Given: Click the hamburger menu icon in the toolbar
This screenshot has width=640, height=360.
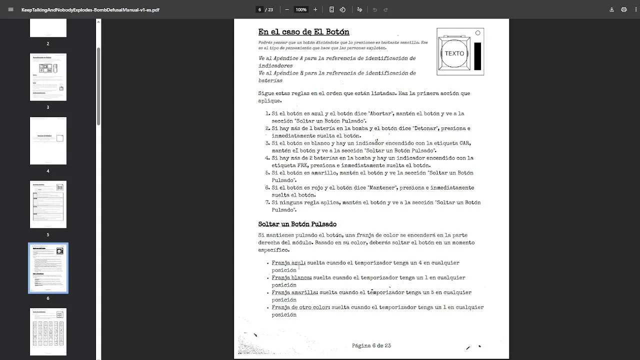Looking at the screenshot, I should [x=11, y=9].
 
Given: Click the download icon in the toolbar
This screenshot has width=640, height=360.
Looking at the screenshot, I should [x=611, y=9].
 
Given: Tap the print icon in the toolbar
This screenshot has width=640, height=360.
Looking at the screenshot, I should [x=624, y=9].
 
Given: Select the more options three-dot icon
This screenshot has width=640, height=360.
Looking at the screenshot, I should [x=634, y=9].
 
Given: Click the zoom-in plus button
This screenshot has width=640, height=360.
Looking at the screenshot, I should [x=315, y=9].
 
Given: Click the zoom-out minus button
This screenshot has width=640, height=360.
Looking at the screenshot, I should [x=287, y=9].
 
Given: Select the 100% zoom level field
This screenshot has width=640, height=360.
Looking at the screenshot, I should [x=301, y=9].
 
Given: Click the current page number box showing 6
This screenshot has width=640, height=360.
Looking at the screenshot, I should [x=259, y=9].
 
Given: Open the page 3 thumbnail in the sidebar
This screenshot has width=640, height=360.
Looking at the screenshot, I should [x=48, y=77].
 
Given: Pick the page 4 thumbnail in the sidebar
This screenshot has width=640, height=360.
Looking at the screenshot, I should [x=48, y=140].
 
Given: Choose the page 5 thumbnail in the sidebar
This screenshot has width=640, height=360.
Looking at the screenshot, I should [x=48, y=204].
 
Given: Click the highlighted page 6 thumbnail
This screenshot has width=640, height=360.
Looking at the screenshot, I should [x=48, y=268].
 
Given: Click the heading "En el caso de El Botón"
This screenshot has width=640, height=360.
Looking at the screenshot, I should [x=303, y=32].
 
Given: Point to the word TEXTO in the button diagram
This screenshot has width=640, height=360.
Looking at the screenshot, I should [x=454, y=53].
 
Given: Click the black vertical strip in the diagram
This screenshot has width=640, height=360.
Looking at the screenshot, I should [x=477, y=56].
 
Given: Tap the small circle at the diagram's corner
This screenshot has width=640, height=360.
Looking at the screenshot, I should [x=477, y=33].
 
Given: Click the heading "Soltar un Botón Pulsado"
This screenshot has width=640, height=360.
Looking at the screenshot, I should [x=297, y=224].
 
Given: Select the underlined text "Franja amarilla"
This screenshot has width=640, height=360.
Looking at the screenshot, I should [x=294, y=292].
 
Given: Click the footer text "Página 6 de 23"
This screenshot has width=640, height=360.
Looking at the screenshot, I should [x=371, y=345].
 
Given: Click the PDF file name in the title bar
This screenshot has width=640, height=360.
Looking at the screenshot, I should [x=90, y=9].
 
